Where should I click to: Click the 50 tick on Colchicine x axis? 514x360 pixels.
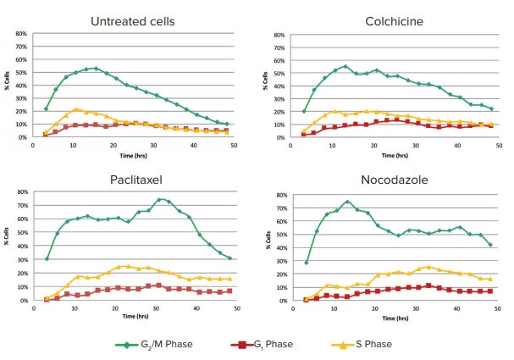pos(497,144)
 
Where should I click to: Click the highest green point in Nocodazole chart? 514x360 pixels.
pos(347,202)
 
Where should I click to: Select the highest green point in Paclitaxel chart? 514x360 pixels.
pos(159,199)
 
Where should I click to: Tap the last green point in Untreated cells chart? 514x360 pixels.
pos(227,124)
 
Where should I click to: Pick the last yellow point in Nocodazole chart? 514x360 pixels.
pos(489,279)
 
